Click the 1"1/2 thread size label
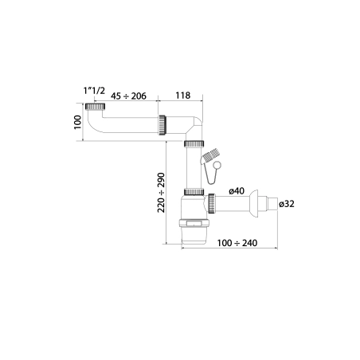pos(94,91)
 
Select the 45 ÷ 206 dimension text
pos(128,96)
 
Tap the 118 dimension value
pos(183,96)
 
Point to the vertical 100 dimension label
pos(77,122)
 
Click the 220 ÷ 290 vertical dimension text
pos(161,193)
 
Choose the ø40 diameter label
pos(237,191)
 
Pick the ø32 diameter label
pos(287,204)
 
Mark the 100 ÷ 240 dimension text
pos(237,243)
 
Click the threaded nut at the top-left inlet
pos(96,107)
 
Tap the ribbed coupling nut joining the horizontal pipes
pos(162,125)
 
